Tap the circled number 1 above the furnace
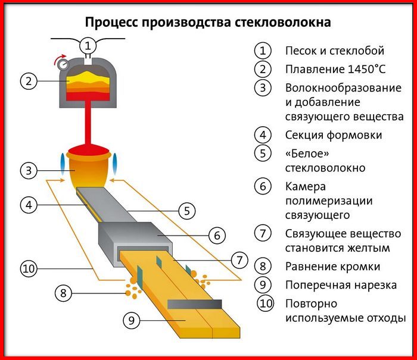[88, 45]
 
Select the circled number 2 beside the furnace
[29, 80]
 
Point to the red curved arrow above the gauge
[59, 57]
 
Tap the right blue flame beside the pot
[117, 161]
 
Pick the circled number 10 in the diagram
[29, 268]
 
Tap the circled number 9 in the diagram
[133, 320]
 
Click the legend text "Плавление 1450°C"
[335, 69]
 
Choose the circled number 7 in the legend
[262, 233]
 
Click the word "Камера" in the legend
[306, 186]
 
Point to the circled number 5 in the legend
[262, 154]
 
